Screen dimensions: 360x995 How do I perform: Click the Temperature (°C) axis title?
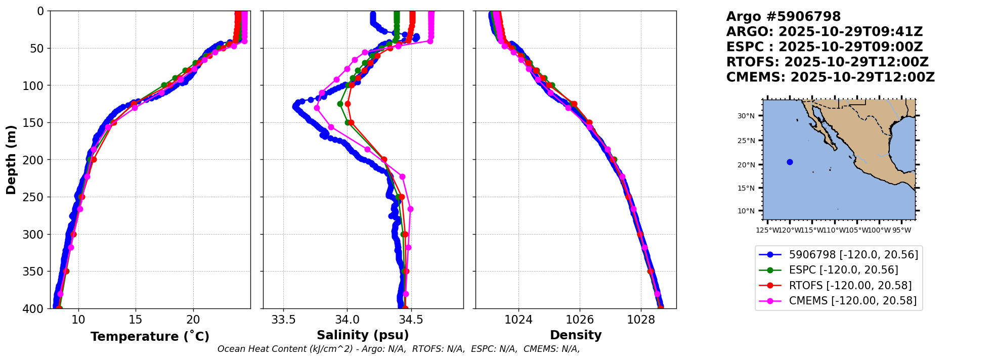pyautogui.click(x=150, y=337)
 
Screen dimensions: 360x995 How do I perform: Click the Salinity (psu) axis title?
pyautogui.click(x=363, y=335)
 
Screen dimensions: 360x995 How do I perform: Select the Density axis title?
pyautogui.click(x=576, y=335)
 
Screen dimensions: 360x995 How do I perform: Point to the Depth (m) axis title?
pyautogui.click(x=11, y=160)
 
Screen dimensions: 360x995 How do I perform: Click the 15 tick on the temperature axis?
pyautogui.click(x=136, y=320)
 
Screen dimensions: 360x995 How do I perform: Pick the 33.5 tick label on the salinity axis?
pyautogui.click(x=283, y=320)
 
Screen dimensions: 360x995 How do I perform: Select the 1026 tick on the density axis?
pyautogui.click(x=580, y=320)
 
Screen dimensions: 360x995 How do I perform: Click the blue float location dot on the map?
pyautogui.click(x=790, y=162)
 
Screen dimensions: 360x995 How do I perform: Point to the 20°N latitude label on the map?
pyautogui.click(x=746, y=165)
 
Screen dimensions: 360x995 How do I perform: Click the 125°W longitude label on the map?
pyautogui.click(x=767, y=231)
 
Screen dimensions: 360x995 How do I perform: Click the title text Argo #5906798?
pyautogui.click(x=783, y=17)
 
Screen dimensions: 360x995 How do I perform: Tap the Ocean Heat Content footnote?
pyautogui.click(x=399, y=349)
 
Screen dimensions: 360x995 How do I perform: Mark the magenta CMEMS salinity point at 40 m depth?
pyautogui.click(x=430, y=41)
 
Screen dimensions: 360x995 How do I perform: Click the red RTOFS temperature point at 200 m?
pyautogui.click(x=94, y=160)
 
